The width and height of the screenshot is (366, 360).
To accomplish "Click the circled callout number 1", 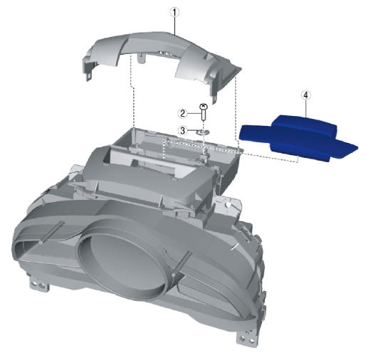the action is [174, 12].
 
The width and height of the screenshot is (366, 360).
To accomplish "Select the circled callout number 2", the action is [182, 114].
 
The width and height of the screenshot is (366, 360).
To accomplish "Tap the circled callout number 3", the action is [182, 130].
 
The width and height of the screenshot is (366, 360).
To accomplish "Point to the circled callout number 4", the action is [305, 95].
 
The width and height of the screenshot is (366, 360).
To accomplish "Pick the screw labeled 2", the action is [204, 112].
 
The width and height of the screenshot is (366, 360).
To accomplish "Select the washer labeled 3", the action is [202, 132].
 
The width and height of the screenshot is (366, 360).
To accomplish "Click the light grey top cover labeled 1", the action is [162, 59].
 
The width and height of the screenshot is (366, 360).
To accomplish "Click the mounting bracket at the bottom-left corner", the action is [39, 283].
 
